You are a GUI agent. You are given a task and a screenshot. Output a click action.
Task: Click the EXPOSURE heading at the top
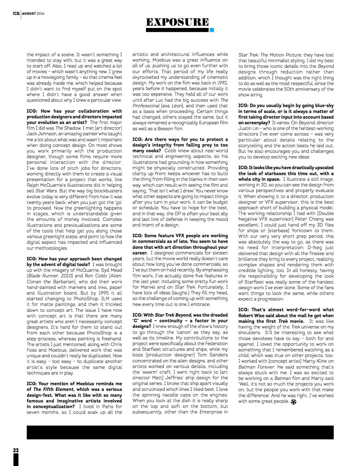coord(177,22)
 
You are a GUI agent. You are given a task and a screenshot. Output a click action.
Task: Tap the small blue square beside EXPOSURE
coord(212,30)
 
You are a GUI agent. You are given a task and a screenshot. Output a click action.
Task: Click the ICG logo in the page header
coord(16,13)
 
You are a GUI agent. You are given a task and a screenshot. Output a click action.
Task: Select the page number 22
coord(16,450)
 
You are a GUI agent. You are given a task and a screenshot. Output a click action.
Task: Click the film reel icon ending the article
coord(293,402)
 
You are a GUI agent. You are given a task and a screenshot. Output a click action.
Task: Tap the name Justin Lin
coord(248,129)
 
